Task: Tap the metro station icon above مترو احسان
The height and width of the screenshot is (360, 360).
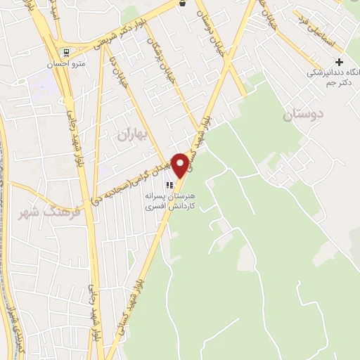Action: (65, 51)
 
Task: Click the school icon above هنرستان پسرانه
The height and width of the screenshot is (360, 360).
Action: (168, 184)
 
